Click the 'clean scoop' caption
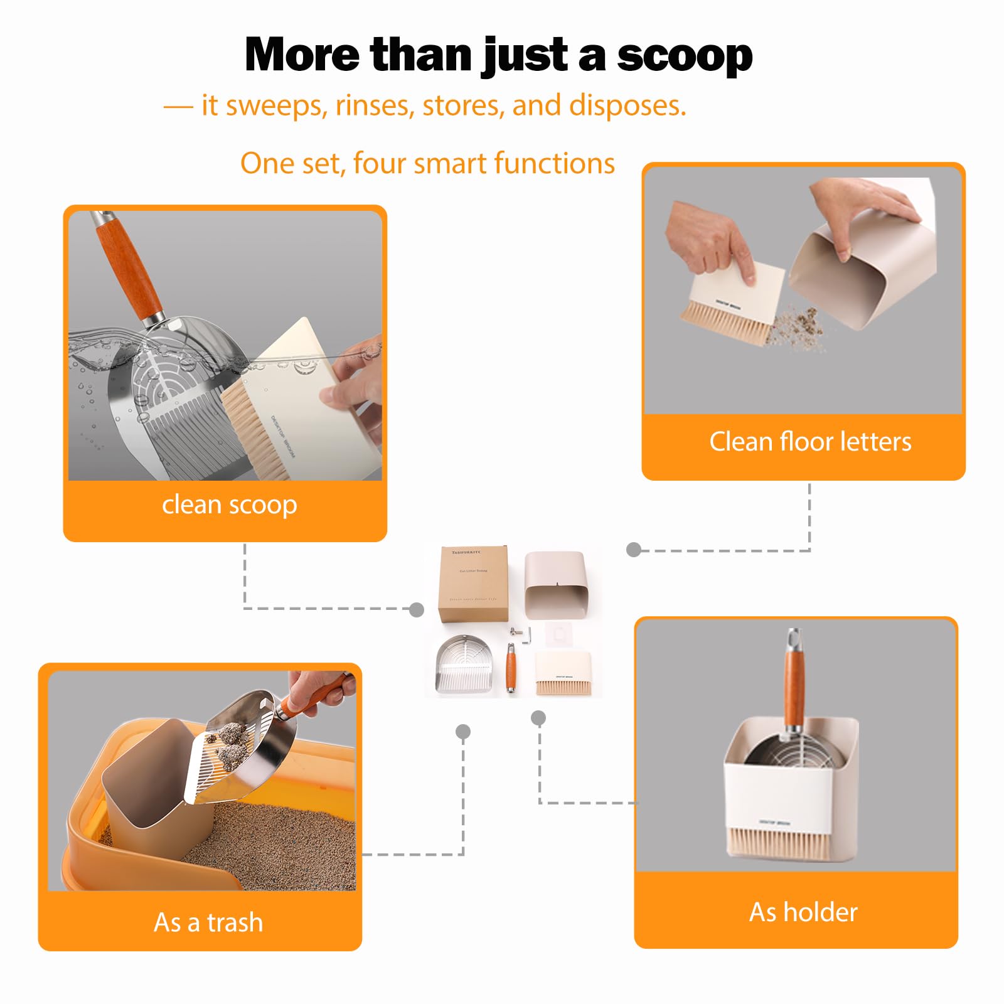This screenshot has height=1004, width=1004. [229, 505]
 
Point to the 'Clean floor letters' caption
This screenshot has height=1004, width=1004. [809, 442]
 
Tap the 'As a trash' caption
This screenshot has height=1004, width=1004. [208, 922]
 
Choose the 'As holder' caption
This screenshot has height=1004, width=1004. [803, 912]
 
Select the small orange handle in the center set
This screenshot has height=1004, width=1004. [511, 668]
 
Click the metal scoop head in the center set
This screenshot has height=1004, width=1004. [464, 664]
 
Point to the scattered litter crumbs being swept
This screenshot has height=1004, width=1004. [797, 326]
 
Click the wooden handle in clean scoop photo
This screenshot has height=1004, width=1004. [129, 264]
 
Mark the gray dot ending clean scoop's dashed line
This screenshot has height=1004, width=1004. [416, 609]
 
